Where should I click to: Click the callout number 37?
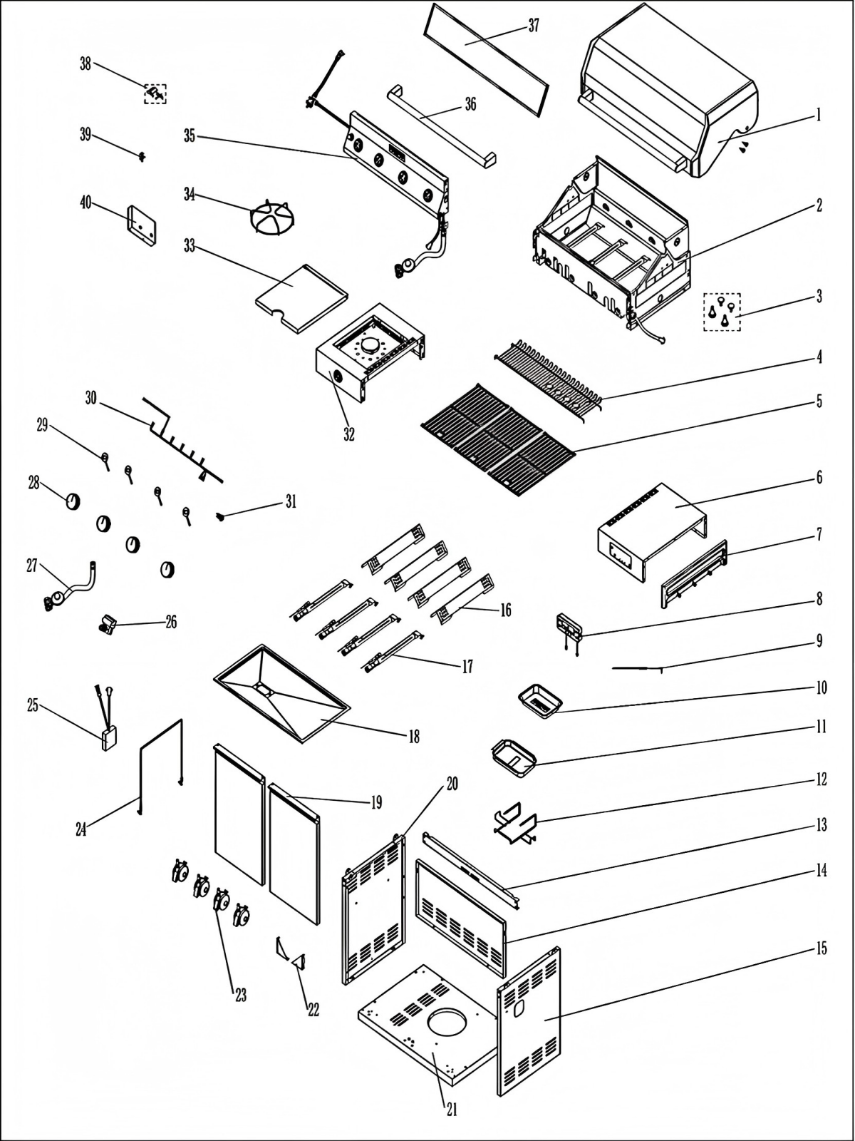[534, 26]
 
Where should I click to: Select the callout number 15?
[821, 948]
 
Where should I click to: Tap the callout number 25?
[33, 705]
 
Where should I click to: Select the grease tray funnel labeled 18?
[281, 692]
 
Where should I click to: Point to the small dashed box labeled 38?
[155, 93]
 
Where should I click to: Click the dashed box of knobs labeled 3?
[722, 312]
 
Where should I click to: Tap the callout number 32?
[349, 434]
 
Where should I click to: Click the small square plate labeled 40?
[142, 227]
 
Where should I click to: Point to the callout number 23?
[241, 995]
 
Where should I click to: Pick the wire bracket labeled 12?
[514, 824]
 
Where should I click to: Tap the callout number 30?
[90, 398]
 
